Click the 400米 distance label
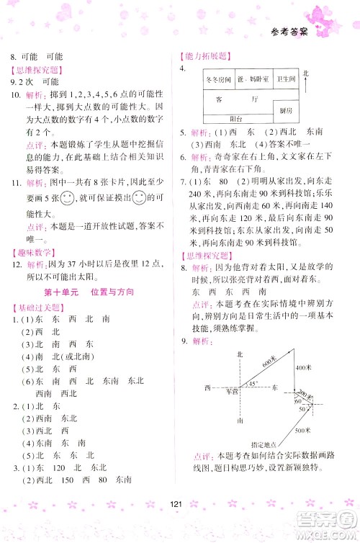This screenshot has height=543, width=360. click(x=302, y=369)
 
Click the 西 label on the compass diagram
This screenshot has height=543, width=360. click(x=207, y=388)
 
